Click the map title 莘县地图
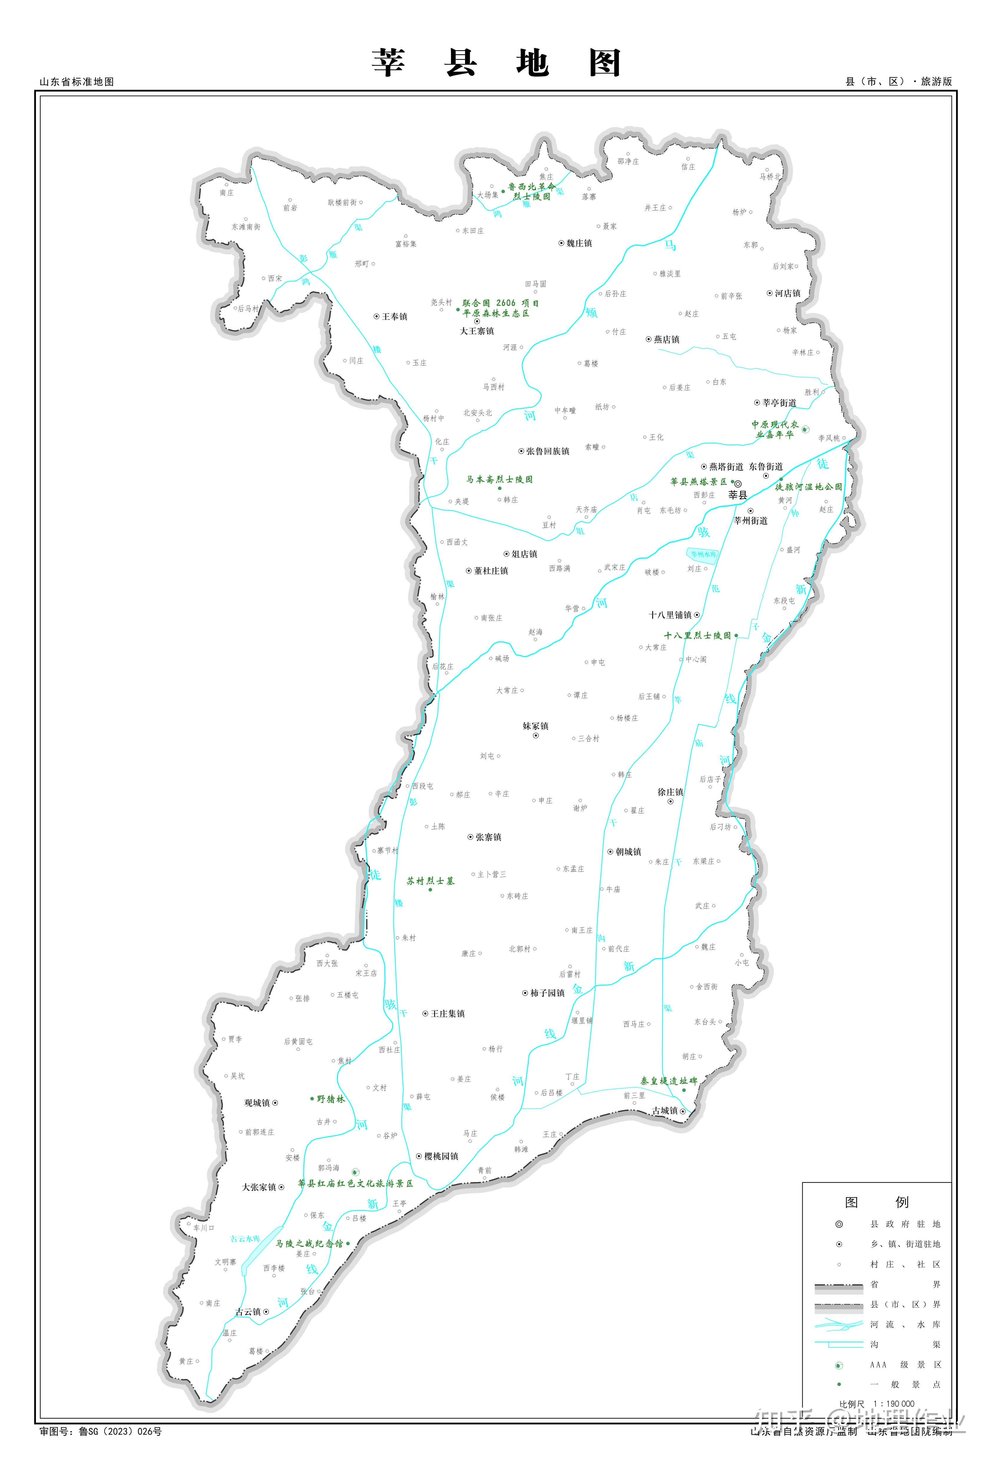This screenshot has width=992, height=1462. pyautogui.click(x=496, y=64)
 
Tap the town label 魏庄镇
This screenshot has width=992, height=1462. pyautogui.click(x=579, y=243)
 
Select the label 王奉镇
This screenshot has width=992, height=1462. pyautogui.click(x=394, y=316)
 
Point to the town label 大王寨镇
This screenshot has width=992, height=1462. pyautogui.click(x=477, y=331)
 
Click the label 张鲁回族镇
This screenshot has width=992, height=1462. pyautogui.click(x=547, y=451)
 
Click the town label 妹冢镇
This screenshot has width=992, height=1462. pyautogui.click(x=535, y=726)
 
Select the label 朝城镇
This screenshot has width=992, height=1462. pyautogui.click(x=629, y=852)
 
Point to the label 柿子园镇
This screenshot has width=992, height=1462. pyautogui.click(x=547, y=993)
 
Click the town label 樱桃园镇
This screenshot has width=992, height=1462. pyautogui.click(x=441, y=1156)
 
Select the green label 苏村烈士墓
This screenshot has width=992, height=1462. pyautogui.click(x=430, y=881)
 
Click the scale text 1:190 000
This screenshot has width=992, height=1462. pyautogui.click(x=893, y=1403)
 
